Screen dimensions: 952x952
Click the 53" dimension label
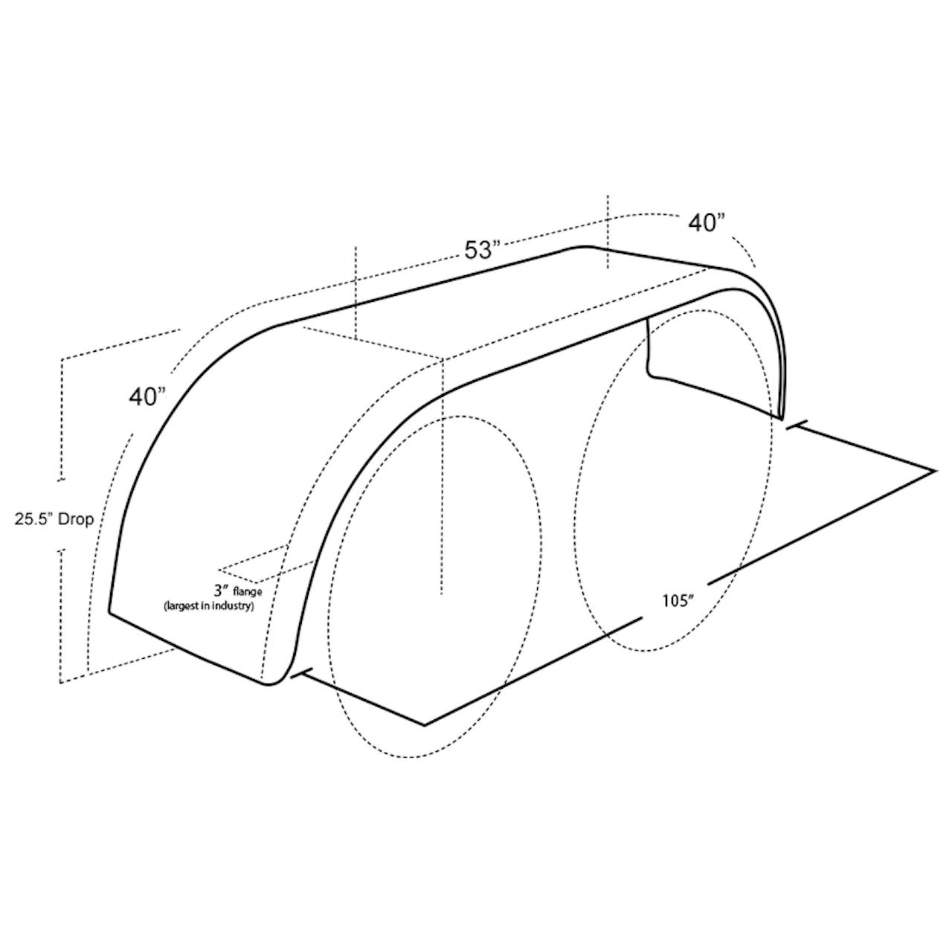pyautogui.click(x=479, y=250)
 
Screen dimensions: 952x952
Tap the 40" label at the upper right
pyautogui.click(x=707, y=223)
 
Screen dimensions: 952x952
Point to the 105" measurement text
pyautogui.click(x=679, y=602)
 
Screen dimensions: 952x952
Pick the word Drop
pyautogui.click(x=76, y=520)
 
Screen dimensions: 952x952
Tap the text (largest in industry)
pyautogui.click(x=209, y=606)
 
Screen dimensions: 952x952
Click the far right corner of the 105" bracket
pyautogui.click(x=935, y=471)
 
